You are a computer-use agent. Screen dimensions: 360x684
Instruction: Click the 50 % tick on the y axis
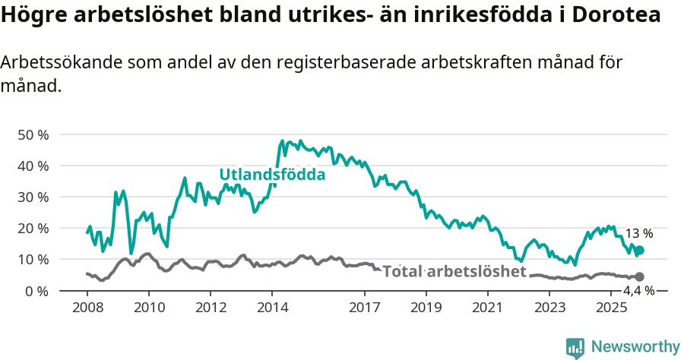tap(33, 134)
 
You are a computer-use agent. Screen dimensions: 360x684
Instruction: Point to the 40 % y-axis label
tap(33, 166)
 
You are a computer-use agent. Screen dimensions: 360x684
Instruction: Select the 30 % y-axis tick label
tap(33, 197)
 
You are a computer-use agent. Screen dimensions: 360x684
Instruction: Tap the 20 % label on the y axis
tap(33, 228)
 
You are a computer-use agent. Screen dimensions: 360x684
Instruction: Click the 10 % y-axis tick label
tap(33, 259)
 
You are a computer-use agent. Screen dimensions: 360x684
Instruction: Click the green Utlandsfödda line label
tap(272, 175)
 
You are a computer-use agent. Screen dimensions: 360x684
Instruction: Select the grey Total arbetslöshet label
tap(454, 272)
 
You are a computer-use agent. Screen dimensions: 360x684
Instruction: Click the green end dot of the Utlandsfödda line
tap(640, 251)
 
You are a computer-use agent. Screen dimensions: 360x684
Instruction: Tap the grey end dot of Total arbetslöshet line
tap(640, 277)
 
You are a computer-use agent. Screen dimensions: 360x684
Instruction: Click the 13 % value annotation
tap(639, 234)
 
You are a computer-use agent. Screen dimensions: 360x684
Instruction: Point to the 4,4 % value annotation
tap(638, 291)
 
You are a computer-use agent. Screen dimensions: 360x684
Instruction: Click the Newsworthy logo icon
tap(575, 347)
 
